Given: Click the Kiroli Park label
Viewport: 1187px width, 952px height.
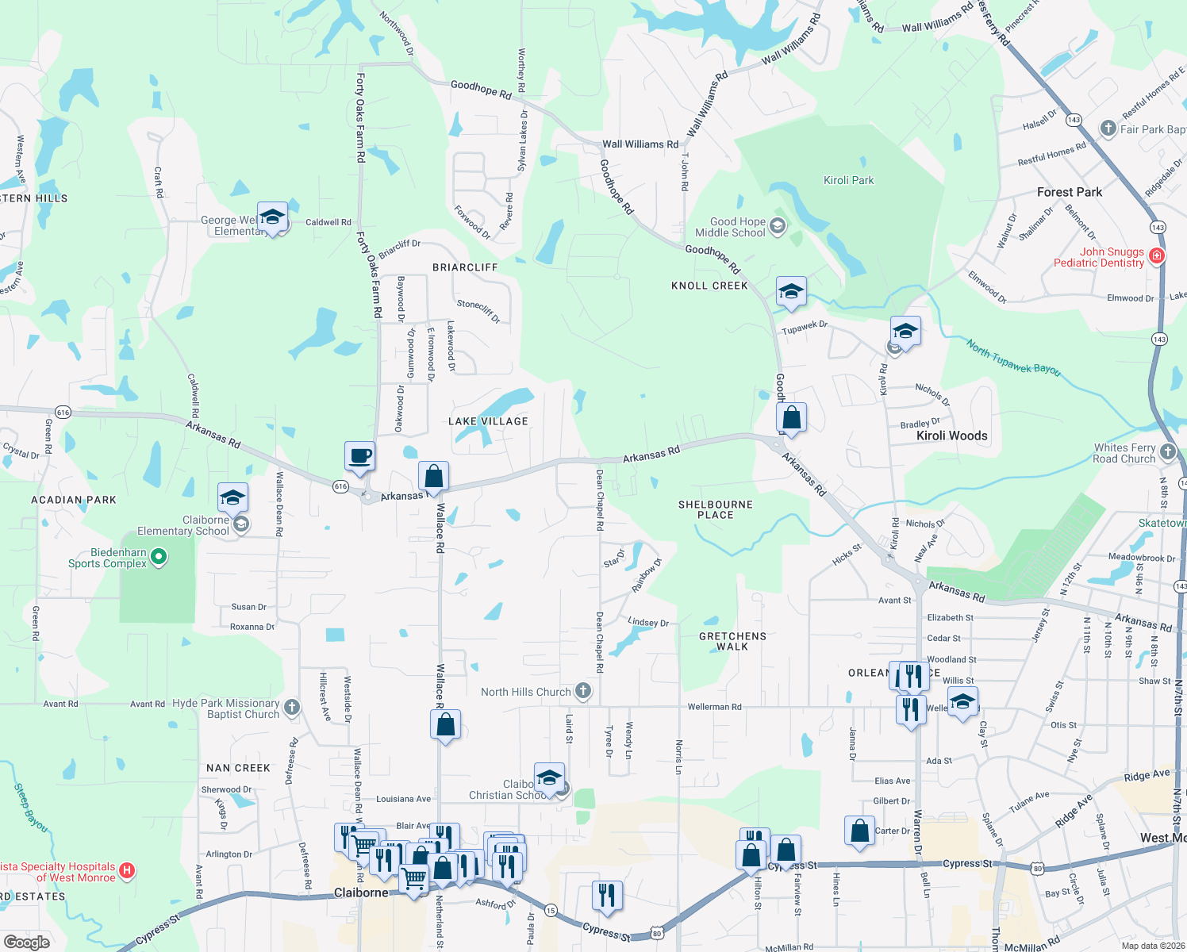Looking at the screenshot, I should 848,180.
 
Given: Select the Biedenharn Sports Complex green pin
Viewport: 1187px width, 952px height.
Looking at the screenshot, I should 159,557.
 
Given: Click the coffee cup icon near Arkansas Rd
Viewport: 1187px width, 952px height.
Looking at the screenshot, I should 359,456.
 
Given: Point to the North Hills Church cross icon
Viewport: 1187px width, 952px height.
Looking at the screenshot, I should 583,691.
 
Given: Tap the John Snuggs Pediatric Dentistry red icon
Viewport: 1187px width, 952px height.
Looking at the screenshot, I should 1157,255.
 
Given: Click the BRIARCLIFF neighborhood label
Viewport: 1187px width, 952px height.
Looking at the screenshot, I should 465,267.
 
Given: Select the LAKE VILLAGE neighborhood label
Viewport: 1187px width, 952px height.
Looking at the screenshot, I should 488,421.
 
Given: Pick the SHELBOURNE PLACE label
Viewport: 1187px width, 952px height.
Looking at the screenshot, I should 715,509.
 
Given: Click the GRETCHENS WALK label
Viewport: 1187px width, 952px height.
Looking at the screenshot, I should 732,641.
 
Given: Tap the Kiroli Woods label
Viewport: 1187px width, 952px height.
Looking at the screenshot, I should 951,436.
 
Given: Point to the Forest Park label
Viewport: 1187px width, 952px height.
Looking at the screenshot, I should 1069,192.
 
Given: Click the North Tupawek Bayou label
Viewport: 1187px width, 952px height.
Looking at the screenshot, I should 1013,356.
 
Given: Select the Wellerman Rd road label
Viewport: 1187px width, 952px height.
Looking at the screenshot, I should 714,706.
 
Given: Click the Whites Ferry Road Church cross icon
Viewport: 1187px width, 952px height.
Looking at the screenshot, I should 1167,452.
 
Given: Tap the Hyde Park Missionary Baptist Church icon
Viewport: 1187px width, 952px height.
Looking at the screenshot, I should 292,708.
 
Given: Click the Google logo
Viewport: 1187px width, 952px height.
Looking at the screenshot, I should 26,942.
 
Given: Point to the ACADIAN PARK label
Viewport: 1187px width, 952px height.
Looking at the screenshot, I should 73,500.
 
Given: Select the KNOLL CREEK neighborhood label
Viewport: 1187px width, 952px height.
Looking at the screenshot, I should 709,286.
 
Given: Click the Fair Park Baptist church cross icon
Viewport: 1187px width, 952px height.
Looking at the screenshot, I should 1108,129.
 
